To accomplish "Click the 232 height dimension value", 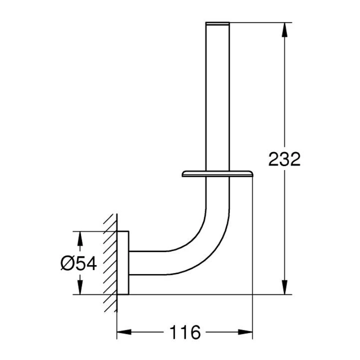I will click(x=284, y=159).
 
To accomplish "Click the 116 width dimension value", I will click(x=185, y=333).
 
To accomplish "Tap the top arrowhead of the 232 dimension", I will click(x=284, y=28).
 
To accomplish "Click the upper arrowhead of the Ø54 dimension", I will click(x=80, y=238).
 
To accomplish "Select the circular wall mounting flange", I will click(x=123, y=263).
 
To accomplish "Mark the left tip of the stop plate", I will click(x=183, y=174).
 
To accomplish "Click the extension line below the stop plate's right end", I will click(x=252, y=234).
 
